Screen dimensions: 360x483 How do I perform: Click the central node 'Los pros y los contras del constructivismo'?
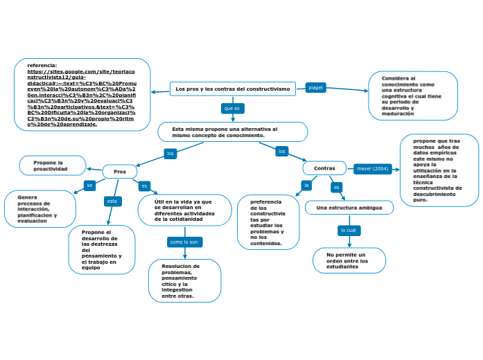[x=232, y=89]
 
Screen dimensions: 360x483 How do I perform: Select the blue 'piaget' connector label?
[x=315, y=88]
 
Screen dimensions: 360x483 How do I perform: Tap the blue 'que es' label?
[x=232, y=109]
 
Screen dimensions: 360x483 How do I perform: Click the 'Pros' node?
[x=120, y=171]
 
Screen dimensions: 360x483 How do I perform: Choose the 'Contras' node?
[x=324, y=168]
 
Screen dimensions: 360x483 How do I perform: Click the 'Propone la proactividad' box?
[x=53, y=165]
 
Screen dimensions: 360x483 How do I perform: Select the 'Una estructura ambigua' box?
[x=349, y=208]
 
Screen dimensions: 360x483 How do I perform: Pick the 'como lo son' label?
[x=185, y=242]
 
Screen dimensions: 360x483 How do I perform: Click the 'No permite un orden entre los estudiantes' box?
[x=349, y=261]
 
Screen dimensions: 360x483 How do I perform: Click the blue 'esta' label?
[x=112, y=201]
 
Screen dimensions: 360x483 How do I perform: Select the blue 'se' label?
[x=89, y=186]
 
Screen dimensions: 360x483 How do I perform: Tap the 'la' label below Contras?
[x=306, y=186]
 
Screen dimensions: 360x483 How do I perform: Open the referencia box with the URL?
[x=82, y=95]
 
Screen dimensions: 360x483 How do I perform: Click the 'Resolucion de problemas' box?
[x=184, y=280]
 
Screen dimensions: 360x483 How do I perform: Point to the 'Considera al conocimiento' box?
[x=413, y=95]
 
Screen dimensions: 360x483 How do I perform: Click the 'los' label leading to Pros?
[x=170, y=153]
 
